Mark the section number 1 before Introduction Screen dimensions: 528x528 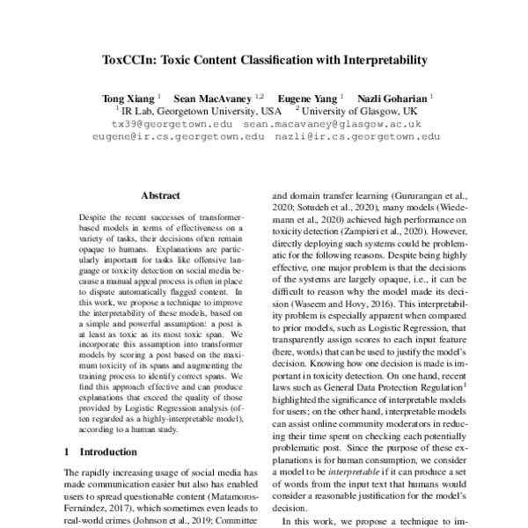click(69, 451)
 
